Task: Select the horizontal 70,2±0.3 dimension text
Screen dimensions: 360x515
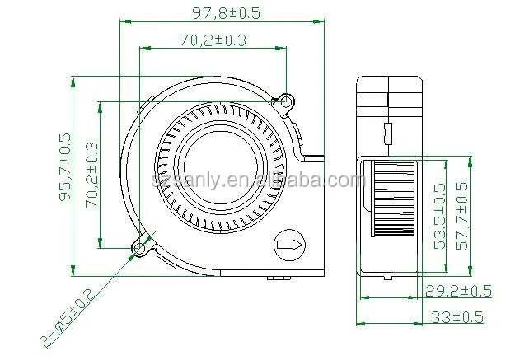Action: [x=211, y=38]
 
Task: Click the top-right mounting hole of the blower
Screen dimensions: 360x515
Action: [x=286, y=102]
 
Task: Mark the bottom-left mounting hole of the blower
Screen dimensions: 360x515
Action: [x=140, y=245]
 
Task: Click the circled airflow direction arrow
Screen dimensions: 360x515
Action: [x=288, y=244]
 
